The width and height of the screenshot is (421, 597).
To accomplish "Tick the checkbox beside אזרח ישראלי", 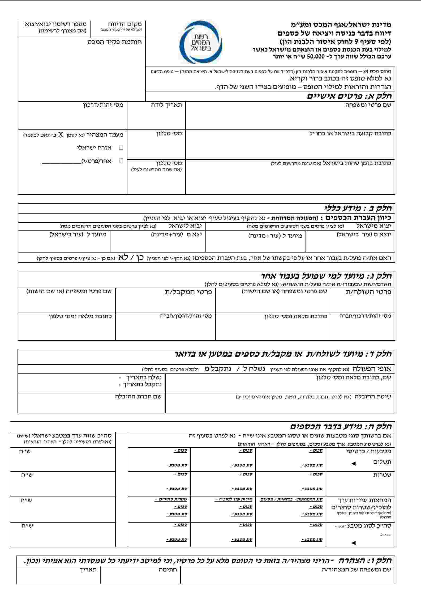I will coord(121,148).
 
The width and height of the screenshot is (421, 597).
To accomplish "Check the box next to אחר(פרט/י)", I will coord(121,161).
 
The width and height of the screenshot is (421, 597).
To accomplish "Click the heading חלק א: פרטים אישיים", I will coord(349,96).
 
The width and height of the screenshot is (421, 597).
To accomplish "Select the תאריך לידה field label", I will coord(166,105).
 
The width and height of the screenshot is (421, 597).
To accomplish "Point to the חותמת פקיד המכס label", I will coord(115,42).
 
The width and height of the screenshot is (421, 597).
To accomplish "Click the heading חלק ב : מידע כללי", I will coord(358,208).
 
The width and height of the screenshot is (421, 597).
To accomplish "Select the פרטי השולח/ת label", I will coord(368,292).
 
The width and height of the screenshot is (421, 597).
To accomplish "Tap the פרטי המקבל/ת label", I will coord(188,292).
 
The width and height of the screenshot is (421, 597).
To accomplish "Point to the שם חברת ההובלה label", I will coord(138,396).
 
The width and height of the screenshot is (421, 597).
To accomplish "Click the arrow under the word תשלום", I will coord(353,464).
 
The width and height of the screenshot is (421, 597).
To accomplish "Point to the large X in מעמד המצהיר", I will coord(61,134).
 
